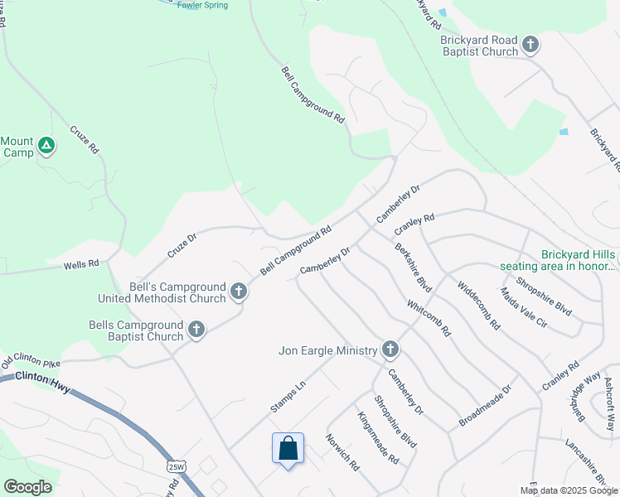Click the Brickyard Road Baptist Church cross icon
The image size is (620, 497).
(x=530, y=45)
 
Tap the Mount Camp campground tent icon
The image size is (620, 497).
(x=47, y=147)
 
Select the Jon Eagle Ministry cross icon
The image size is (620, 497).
(x=390, y=350)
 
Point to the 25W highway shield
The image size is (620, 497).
(x=175, y=466)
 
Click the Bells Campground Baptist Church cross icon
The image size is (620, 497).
(x=196, y=330)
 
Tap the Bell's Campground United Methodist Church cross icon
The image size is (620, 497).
(x=239, y=292)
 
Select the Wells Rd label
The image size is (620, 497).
(x=82, y=264)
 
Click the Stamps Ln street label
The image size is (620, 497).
(x=288, y=398)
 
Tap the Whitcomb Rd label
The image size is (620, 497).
(x=429, y=317)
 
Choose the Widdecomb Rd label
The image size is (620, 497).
(x=478, y=305)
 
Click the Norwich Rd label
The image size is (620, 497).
(x=341, y=452)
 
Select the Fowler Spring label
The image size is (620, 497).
(x=203, y=5)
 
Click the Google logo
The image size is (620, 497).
(x=27, y=487)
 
